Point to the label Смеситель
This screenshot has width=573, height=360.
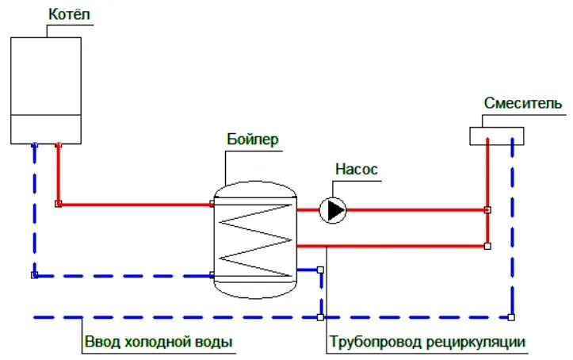pyautogui.click(x=523, y=104)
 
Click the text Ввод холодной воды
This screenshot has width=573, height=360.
pyautogui.click(x=158, y=343)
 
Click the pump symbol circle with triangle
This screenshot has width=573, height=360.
pyautogui.click(x=334, y=210)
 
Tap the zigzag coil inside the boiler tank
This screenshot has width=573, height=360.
pyautogui.click(x=254, y=236)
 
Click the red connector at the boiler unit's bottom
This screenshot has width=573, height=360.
pyautogui.click(x=59, y=145)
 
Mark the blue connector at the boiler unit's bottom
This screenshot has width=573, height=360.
pyautogui.click(x=34, y=145)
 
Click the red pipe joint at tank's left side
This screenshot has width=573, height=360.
pyautogui.click(x=212, y=205)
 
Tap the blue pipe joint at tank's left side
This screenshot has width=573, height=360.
pyautogui.click(x=212, y=276)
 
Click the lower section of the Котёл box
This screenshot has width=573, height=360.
pyautogui.click(x=46, y=127)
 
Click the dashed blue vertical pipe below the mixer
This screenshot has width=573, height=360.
pyautogui.click(x=512, y=230)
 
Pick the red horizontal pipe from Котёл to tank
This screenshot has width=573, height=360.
pyautogui.click(x=135, y=205)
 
